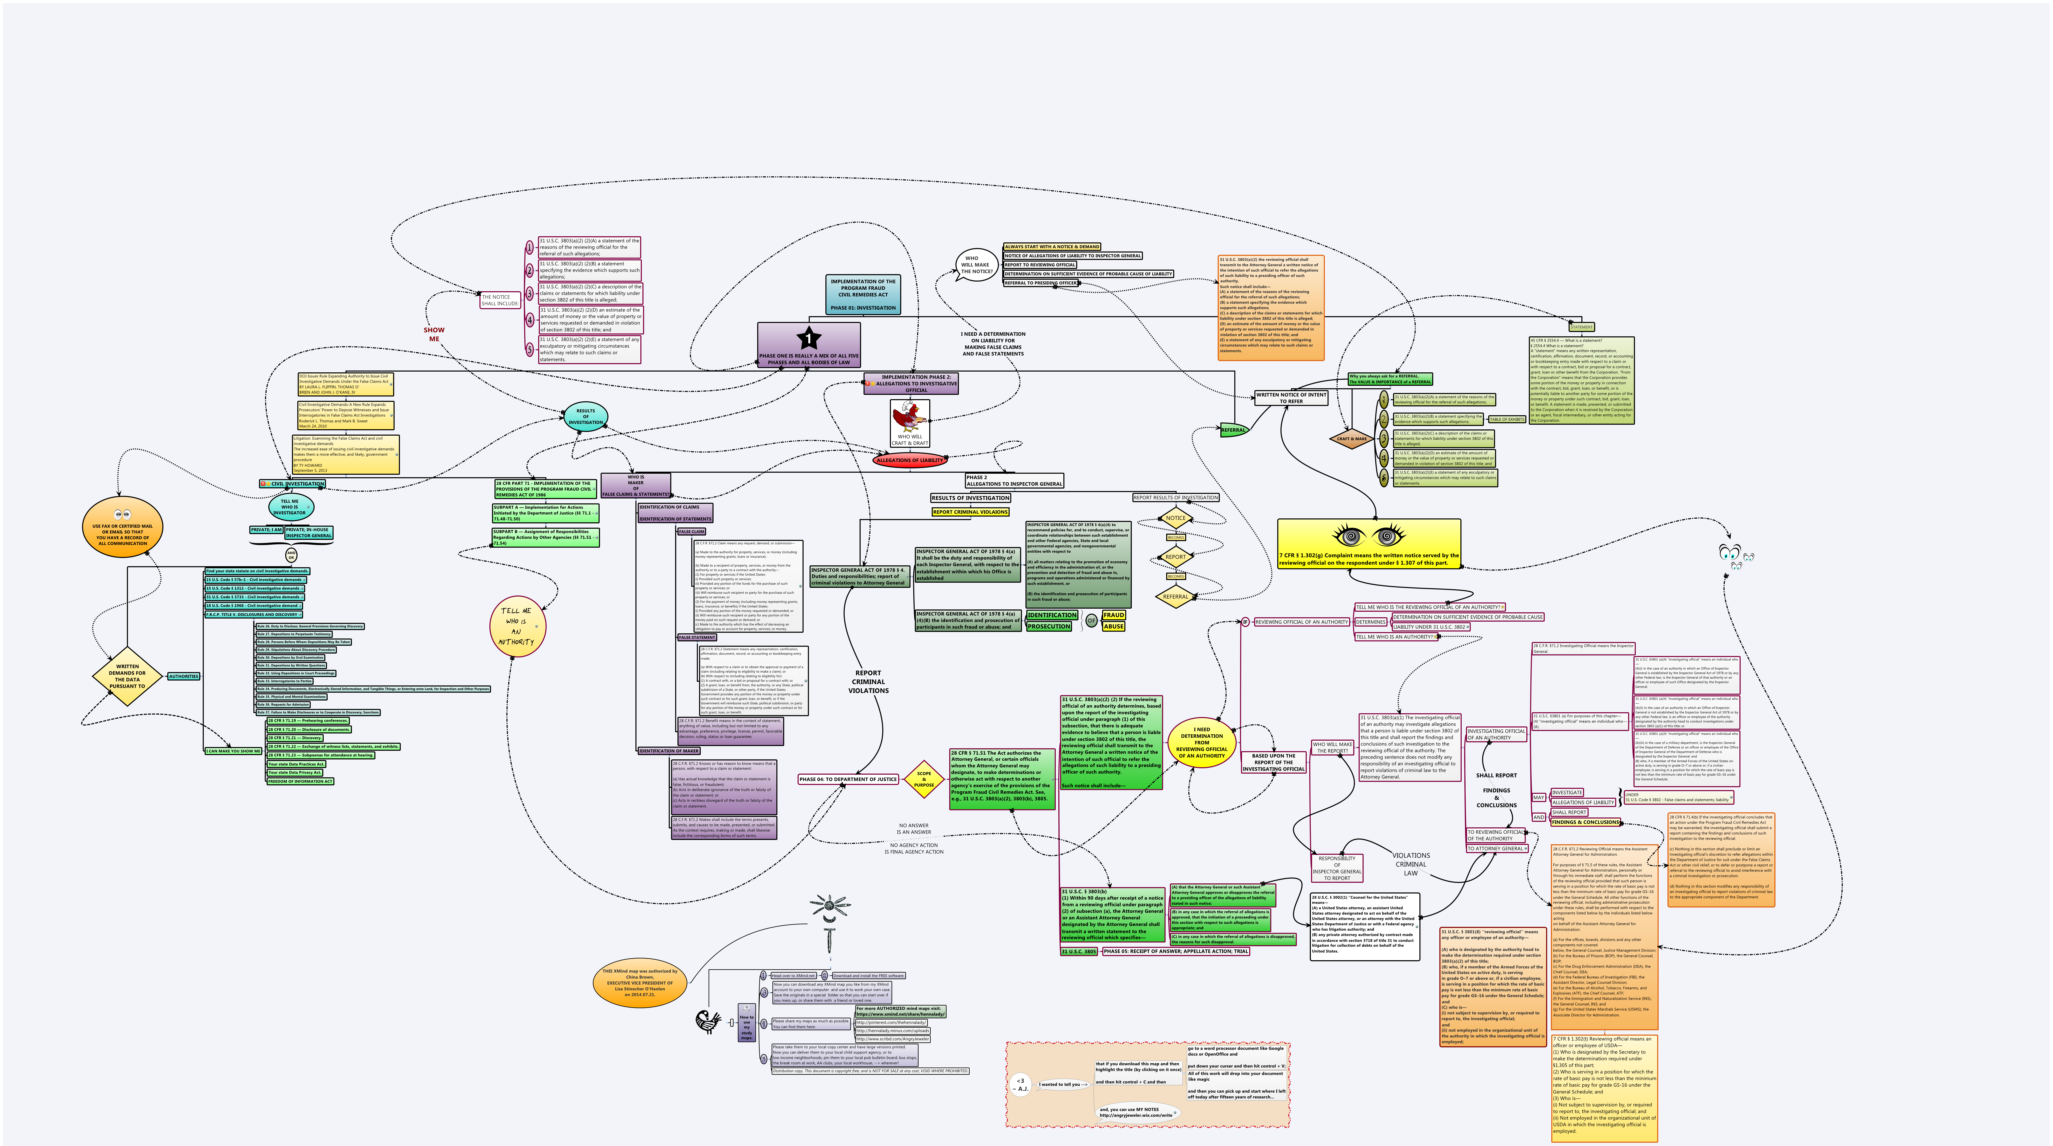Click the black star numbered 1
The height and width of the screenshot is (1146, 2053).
click(808, 338)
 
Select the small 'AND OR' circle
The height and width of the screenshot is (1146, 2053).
click(291, 555)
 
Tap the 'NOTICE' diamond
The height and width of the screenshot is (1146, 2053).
click(1175, 518)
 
